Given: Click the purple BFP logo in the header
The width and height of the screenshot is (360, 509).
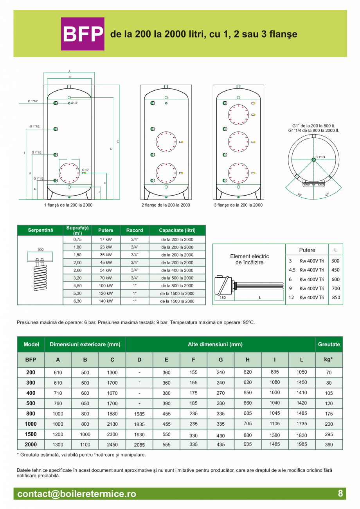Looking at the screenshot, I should click(83, 34).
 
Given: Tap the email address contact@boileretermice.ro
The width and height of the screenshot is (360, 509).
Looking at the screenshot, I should click(77, 494).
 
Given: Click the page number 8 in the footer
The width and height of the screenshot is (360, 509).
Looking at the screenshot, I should click(340, 493).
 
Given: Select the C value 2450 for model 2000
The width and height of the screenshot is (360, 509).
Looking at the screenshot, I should click(112, 444).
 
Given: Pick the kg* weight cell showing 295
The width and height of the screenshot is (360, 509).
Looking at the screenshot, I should click(329, 434).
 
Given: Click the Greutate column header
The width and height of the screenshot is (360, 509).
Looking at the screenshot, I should click(329, 344).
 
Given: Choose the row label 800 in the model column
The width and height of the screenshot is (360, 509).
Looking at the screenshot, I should click(31, 414).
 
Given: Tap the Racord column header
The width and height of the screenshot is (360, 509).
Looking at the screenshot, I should click(135, 230).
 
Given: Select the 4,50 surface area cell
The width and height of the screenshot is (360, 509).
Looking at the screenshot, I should click(77, 286).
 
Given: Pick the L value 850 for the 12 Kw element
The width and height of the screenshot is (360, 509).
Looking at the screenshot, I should click(335, 297).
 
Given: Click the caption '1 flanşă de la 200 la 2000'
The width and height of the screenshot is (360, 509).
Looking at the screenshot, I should click(68, 205).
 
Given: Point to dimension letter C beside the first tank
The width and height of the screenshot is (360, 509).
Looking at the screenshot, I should click(118, 141).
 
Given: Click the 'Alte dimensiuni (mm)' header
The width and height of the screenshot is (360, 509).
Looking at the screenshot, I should click(220, 344).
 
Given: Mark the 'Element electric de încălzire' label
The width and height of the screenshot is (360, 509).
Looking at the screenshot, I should click(249, 259).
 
